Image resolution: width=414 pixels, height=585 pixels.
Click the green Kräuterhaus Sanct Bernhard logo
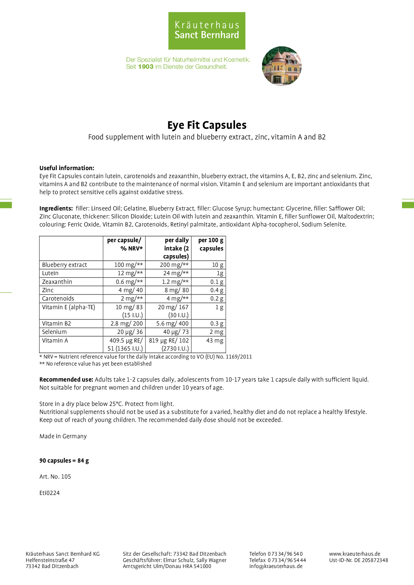207,31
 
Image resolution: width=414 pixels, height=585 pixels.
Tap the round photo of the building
282,66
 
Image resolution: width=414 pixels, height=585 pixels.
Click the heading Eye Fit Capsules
207,125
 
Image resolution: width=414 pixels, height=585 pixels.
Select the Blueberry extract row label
64,265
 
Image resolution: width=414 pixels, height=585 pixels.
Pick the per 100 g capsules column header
211,244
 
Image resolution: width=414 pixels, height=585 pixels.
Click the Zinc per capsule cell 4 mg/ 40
130,290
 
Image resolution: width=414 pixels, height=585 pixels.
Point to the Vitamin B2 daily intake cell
172,324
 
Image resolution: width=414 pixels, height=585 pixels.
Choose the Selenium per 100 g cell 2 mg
216,332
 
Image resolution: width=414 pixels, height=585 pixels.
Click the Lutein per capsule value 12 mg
130,273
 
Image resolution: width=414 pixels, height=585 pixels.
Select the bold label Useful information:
67,168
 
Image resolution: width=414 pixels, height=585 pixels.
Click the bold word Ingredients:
56,208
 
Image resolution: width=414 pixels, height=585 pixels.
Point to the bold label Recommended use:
66,380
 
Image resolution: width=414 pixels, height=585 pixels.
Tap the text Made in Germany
63,436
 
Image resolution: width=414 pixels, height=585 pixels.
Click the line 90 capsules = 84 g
64,461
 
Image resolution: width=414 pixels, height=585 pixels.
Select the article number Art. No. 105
55,477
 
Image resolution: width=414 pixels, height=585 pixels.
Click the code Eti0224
49,493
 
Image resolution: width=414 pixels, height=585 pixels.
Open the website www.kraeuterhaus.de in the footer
355,554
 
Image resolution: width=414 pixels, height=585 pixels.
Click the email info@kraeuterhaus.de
276,566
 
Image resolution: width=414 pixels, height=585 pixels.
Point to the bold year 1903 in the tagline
146,67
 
